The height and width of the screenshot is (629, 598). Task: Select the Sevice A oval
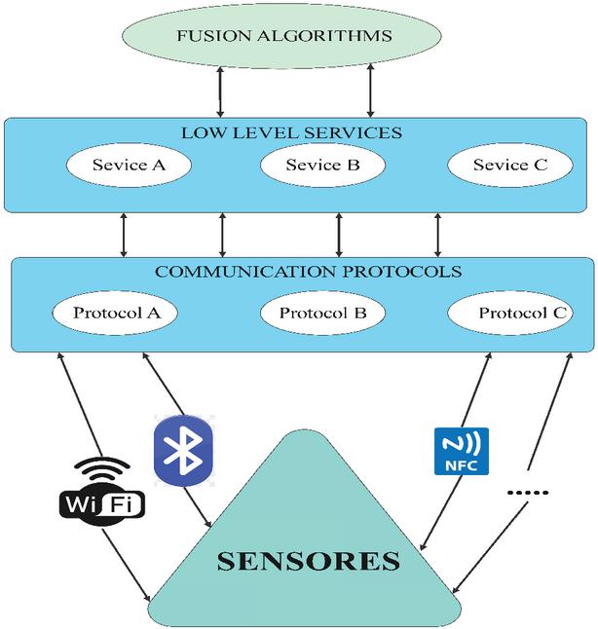tap(129, 166)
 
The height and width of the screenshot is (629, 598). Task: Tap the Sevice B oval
tap(322, 166)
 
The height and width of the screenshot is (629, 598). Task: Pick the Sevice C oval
tap(509, 166)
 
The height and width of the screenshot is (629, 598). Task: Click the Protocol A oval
tap(124, 314)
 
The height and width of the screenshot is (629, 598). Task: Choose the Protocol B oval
tap(322, 314)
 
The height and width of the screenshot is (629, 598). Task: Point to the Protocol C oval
tap(509, 314)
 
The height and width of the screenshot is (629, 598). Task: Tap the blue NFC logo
tap(462, 451)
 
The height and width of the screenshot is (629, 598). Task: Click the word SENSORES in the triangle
tap(308, 561)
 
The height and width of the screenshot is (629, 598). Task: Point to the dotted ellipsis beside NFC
tap(529, 493)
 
